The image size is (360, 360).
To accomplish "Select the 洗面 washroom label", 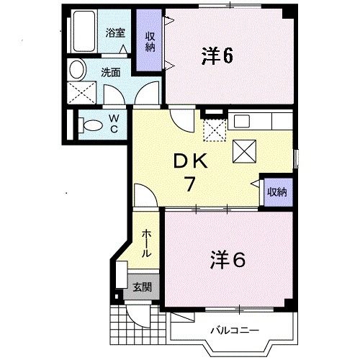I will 110,72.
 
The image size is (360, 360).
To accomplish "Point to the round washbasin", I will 77,69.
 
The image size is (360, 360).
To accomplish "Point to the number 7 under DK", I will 189,184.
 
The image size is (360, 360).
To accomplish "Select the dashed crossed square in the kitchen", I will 215,130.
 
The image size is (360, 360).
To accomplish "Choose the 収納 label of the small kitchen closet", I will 277,192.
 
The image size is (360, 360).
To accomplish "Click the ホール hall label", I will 146,243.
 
